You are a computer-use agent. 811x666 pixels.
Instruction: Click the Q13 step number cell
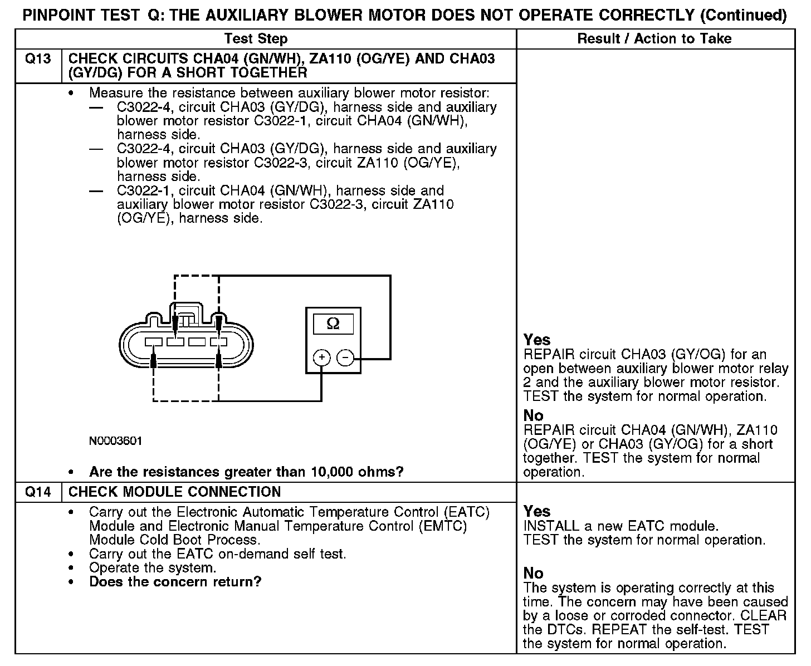38,59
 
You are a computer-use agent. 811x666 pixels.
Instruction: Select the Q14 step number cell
38,492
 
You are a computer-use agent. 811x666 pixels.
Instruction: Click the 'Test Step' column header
256,39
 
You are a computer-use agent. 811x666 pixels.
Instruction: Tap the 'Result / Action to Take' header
654,39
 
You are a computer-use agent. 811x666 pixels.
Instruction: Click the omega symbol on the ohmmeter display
333,324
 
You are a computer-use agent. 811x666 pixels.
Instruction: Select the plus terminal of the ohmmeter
321,358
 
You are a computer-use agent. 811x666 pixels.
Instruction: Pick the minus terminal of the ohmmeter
346,358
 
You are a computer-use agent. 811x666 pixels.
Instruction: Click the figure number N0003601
115,441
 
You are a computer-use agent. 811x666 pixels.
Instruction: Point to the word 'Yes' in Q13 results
537,340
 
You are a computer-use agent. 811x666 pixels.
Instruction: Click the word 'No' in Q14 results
533,573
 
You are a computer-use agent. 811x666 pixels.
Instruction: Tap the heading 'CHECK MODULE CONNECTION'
174,492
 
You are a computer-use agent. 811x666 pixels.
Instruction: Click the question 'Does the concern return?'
175,582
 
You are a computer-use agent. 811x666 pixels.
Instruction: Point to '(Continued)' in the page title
744,15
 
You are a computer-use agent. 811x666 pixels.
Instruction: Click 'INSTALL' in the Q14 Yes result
550,526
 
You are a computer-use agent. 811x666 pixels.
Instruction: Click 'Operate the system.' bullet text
152,568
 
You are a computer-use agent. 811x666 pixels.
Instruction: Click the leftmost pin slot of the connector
153,341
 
